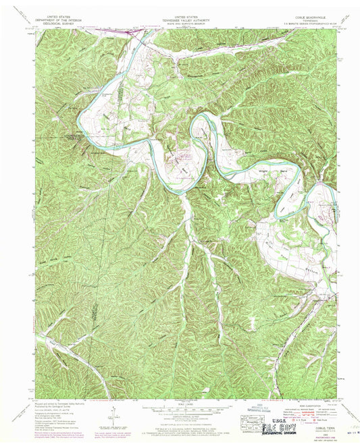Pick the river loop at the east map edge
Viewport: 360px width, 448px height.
pos(311,202)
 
